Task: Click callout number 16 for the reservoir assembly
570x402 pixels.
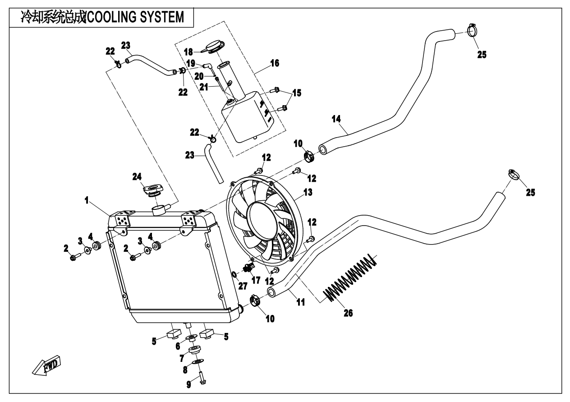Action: pos(274,63)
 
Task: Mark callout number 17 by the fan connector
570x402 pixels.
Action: pos(256,280)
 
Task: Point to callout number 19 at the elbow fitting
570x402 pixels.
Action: pos(190,63)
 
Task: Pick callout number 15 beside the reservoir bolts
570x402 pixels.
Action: pos(297,93)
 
